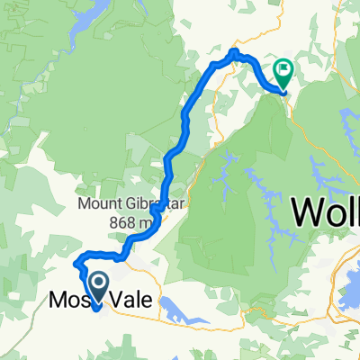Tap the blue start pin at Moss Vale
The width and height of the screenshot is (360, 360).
(96, 286)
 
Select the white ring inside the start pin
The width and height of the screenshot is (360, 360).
(96, 282)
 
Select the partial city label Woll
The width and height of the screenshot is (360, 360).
(326, 214)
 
